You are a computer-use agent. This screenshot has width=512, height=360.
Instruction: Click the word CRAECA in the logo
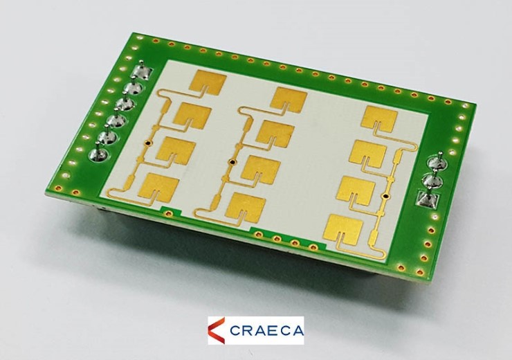pos(266,331)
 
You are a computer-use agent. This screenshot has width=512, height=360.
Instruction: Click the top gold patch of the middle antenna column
pos(289,98)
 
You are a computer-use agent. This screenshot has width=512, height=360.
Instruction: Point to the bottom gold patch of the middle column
pos(246,206)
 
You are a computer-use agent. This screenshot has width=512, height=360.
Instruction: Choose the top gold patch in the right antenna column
pos(381,118)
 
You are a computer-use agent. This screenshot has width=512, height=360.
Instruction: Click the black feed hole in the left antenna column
pos(148,143)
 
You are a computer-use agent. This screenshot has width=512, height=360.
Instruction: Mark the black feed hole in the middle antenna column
pos(232,162)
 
